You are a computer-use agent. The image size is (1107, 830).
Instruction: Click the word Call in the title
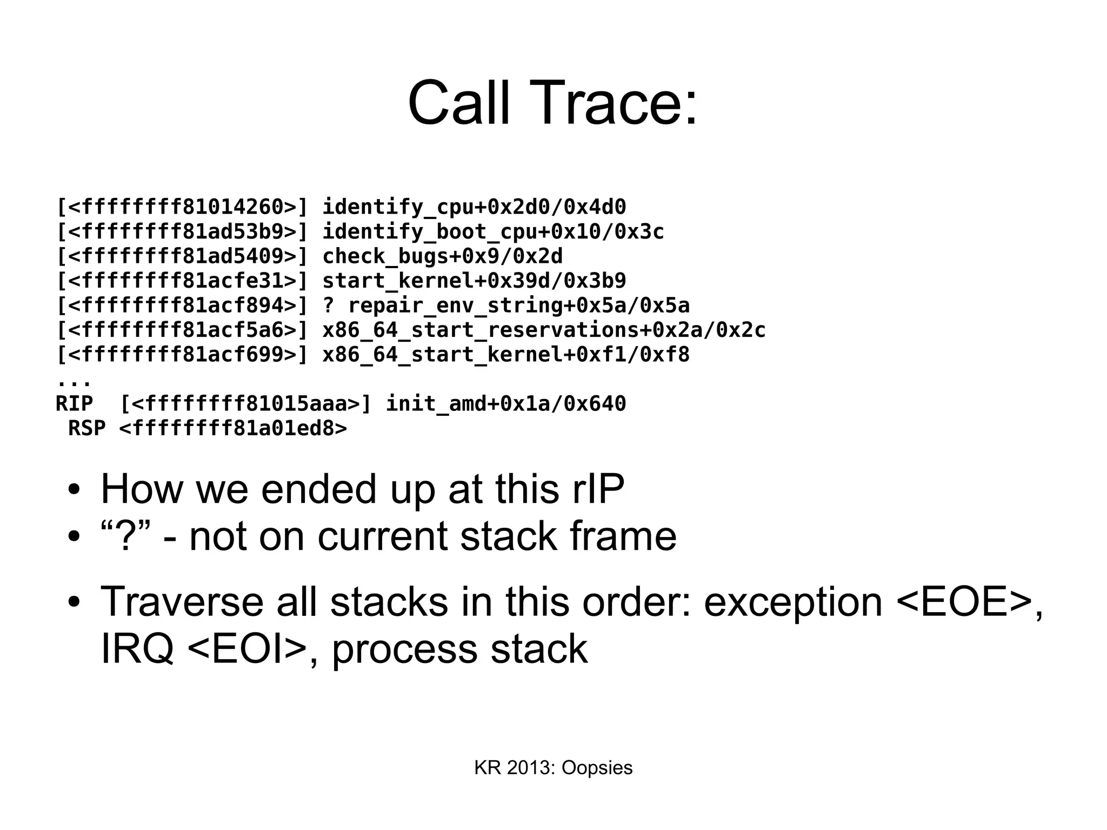[459, 103]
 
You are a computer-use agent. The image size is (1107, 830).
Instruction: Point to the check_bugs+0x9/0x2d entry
[442, 256]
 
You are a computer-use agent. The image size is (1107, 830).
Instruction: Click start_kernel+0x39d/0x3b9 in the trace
[474, 281]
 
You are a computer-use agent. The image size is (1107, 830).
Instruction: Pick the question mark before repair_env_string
[328, 306]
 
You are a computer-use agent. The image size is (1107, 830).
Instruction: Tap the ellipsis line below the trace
[74, 381]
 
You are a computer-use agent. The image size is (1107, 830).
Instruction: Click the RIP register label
[74, 404]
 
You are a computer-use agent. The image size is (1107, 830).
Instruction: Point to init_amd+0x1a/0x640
[505, 404]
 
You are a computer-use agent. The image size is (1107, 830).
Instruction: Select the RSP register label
[86, 428]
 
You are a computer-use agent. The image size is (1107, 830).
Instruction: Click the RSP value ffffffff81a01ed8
[233, 428]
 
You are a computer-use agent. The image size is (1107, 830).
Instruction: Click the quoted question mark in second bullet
[125, 536]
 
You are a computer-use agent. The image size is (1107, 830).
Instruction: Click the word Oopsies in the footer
[597, 768]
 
